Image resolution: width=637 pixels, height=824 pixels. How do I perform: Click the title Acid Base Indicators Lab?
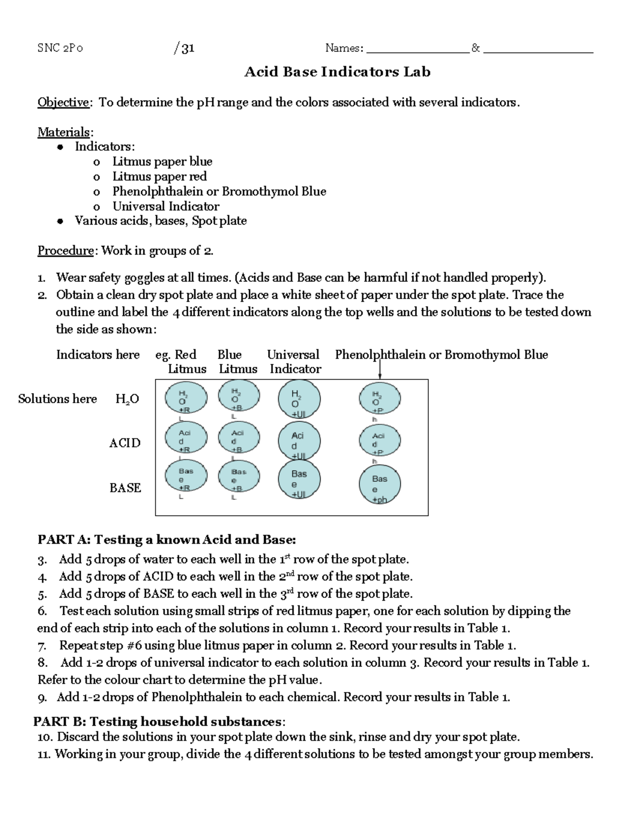click(x=337, y=72)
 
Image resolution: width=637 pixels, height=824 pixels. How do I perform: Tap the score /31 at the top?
click(x=184, y=48)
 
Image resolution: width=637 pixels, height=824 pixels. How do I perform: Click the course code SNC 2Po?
click(x=60, y=48)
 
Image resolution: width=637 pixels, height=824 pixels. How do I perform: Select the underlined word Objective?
click(x=63, y=102)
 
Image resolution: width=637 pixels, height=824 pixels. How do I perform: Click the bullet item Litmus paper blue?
click(x=162, y=161)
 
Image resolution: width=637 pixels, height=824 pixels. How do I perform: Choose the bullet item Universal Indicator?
click(x=166, y=206)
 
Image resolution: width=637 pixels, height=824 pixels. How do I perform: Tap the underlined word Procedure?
click(x=65, y=250)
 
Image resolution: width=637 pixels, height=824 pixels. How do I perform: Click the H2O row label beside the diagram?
click(x=127, y=399)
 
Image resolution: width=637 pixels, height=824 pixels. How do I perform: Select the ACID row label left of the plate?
click(x=125, y=443)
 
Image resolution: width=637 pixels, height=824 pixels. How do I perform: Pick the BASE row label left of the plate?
click(x=125, y=488)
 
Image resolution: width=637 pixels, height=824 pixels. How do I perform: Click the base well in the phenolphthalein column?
click(x=380, y=484)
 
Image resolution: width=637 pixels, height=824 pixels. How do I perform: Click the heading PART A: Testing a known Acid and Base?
click(x=167, y=540)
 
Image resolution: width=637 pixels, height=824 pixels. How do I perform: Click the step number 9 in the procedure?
click(x=42, y=698)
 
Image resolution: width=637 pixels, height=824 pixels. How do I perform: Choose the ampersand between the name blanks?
click(x=476, y=48)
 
